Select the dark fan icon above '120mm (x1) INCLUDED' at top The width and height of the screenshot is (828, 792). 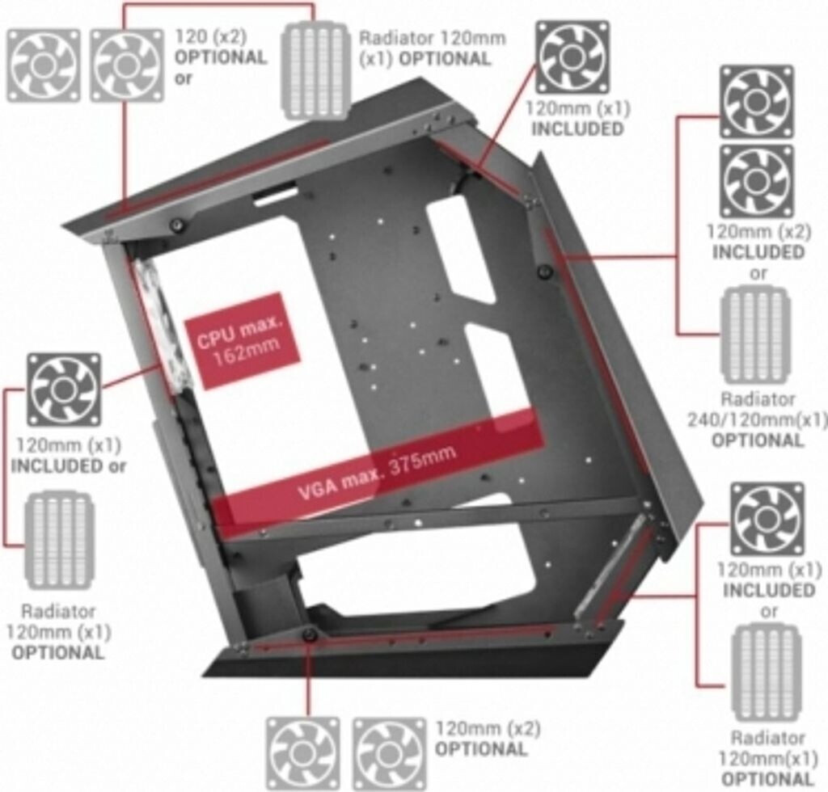coord(572,57)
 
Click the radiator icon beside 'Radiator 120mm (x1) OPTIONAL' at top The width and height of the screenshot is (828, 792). coord(315,71)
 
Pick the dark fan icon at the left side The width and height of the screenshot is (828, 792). coord(64,390)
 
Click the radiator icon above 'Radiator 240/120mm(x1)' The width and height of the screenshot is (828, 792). coord(755,334)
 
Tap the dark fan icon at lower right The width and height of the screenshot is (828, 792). coord(767,518)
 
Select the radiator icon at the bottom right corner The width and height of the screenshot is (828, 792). coord(766,672)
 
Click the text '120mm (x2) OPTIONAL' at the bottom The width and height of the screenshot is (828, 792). coord(488,738)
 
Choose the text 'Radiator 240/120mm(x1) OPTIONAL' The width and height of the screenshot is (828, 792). coord(757,419)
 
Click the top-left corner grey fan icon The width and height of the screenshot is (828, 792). coord(43,65)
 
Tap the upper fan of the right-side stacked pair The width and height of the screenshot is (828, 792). coord(757,101)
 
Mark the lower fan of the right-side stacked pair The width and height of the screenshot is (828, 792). coord(757,180)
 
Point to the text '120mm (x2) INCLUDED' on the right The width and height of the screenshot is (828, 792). coord(758,241)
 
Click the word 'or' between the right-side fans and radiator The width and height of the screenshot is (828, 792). coord(758,273)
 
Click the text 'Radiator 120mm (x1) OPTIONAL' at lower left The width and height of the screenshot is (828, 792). coord(58,630)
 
